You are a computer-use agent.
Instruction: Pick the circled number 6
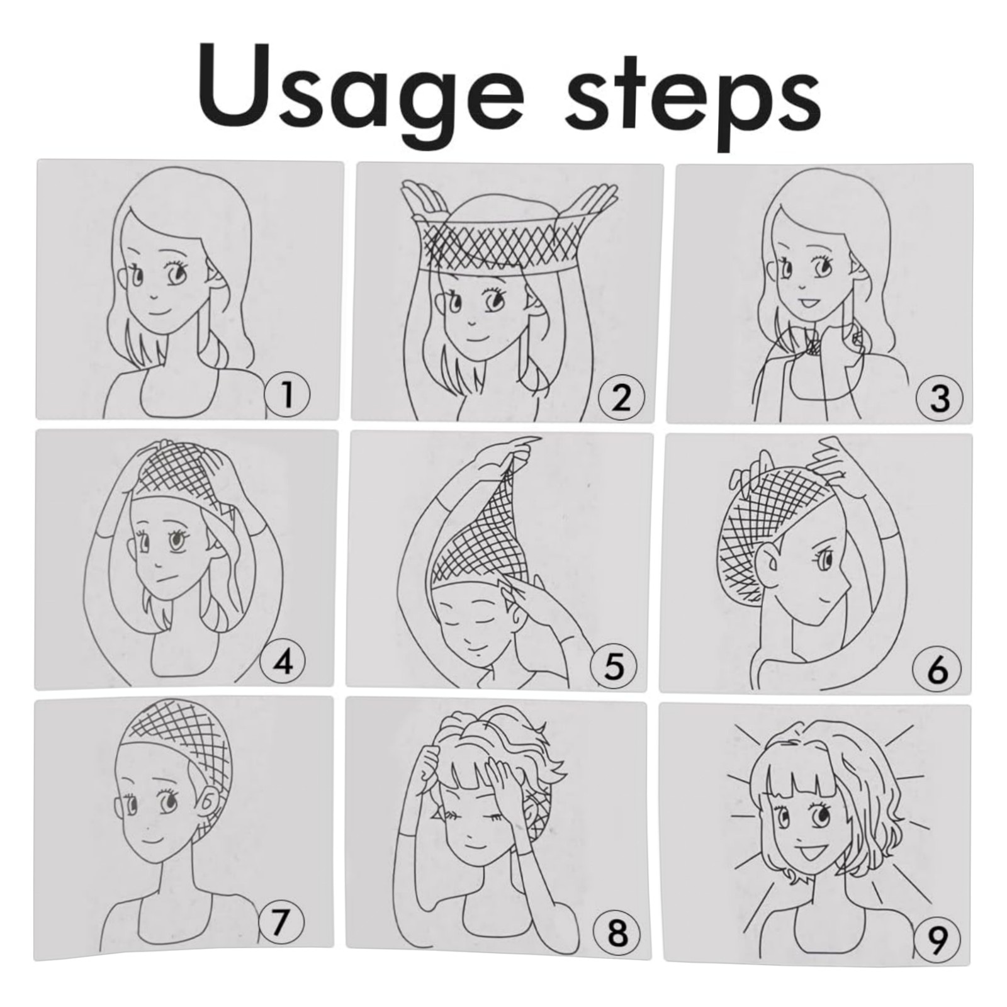pyautogui.click(x=938, y=669)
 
